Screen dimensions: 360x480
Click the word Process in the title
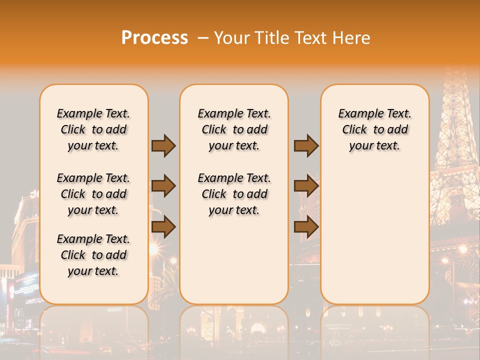pyautogui.click(x=154, y=38)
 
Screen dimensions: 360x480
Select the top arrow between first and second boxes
pyautogui.click(x=163, y=145)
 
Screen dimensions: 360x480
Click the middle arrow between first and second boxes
pyautogui.click(x=163, y=186)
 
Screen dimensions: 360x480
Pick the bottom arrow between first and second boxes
pyautogui.click(x=163, y=227)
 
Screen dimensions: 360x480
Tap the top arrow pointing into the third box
pyautogui.click(x=306, y=145)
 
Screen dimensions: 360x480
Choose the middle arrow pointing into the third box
pyautogui.click(x=306, y=186)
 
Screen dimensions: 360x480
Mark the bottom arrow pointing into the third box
pyautogui.click(x=306, y=227)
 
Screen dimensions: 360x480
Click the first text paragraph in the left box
pyautogui.click(x=93, y=129)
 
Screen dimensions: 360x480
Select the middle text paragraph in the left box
pyautogui.click(x=93, y=194)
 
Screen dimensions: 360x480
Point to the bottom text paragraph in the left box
pyautogui.click(x=93, y=255)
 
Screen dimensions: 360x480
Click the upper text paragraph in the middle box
pyautogui.click(x=234, y=129)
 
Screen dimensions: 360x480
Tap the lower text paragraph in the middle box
pyautogui.click(x=234, y=194)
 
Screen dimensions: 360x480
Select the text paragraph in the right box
pyautogui.click(x=374, y=129)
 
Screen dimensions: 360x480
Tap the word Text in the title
pyautogui.click(x=311, y=38)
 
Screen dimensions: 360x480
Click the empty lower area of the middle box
pyautogui.click(x=234, y=260)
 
